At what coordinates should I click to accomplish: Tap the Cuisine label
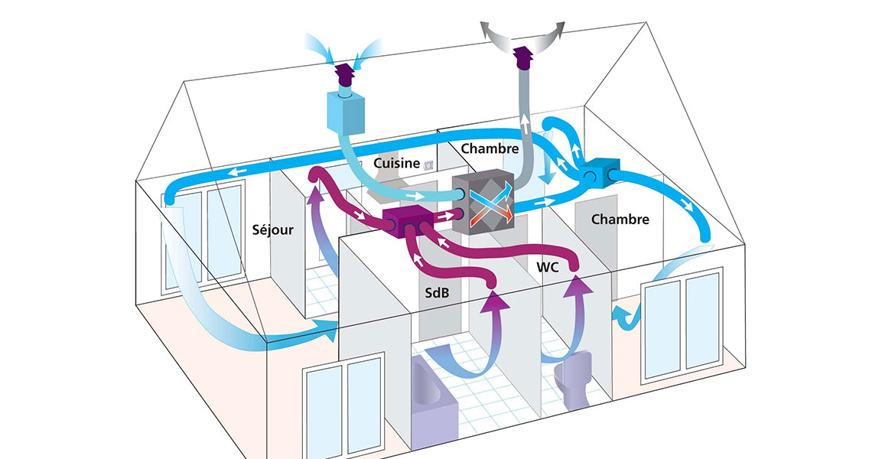click(396, 163)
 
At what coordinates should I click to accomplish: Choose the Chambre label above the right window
click(620, 219)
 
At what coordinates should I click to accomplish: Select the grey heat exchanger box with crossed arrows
click(484, 203)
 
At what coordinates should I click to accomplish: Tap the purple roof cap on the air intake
click(345, 75)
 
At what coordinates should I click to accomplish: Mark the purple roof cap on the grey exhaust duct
click(523, 56)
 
